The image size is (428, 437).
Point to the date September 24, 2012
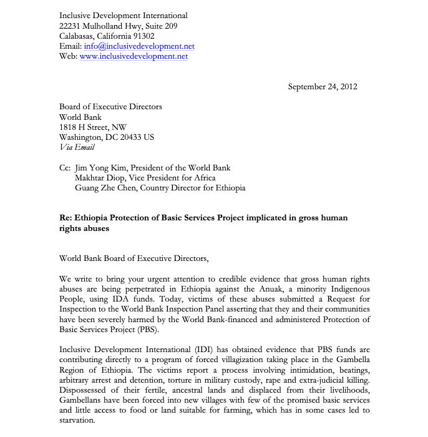pos(323,87)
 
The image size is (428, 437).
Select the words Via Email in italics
pos(77,147)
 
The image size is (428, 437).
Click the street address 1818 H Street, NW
pos(93,127)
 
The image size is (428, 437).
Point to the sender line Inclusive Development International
pos(123,16)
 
